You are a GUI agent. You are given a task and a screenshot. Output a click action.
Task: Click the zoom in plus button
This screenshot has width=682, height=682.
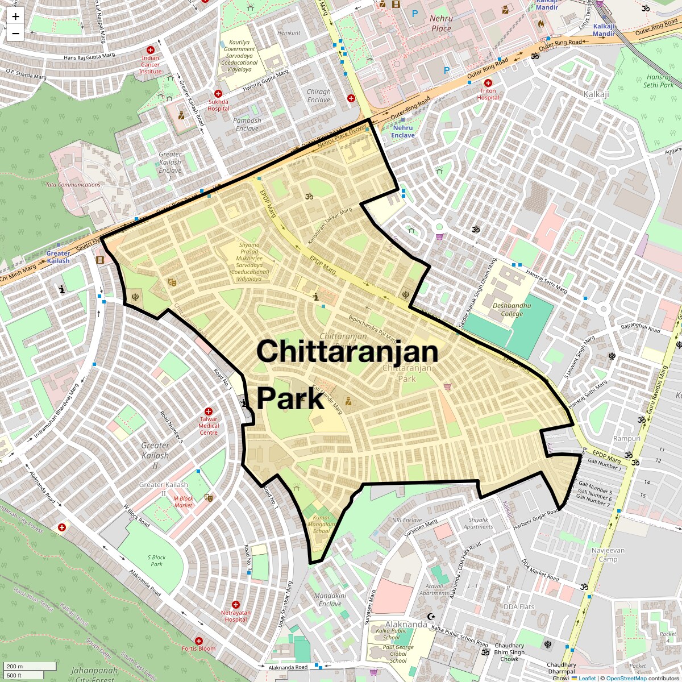[15, 16]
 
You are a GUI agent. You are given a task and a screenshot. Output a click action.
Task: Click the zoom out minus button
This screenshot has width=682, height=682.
[15, 33]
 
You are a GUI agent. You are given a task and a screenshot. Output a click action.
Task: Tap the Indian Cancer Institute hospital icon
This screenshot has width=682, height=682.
[151, 50]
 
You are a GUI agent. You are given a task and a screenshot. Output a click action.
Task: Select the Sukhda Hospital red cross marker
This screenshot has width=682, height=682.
[218, 94]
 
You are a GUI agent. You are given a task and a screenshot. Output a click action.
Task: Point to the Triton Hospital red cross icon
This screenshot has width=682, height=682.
[488, 83]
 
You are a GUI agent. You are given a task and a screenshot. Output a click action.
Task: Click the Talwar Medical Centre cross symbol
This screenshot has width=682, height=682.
[209, 411]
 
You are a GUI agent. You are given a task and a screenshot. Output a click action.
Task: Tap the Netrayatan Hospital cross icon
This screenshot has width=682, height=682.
[236, 605]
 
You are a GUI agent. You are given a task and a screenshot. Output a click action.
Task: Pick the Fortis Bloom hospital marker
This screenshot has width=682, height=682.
[199, 641]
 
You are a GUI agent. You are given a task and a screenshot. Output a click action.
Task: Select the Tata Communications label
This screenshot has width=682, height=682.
[73, 185]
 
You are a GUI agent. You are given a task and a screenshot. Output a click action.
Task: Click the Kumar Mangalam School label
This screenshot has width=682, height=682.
[321, 524]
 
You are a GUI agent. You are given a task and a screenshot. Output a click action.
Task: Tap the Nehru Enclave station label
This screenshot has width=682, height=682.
[403, 131]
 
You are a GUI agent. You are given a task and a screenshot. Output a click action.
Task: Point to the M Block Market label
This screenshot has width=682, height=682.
[183, 502]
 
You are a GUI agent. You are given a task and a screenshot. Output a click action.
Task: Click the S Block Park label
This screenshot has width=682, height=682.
[156, 560]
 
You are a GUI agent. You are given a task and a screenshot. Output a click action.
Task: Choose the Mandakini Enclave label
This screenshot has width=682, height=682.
[330, 600]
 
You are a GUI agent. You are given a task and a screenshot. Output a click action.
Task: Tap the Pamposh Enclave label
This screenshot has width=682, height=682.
[247, 124]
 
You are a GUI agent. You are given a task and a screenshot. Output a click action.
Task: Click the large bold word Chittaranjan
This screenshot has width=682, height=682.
[347, 351]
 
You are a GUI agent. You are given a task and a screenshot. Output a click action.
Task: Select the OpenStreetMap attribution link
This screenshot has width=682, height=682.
[626, 678]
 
